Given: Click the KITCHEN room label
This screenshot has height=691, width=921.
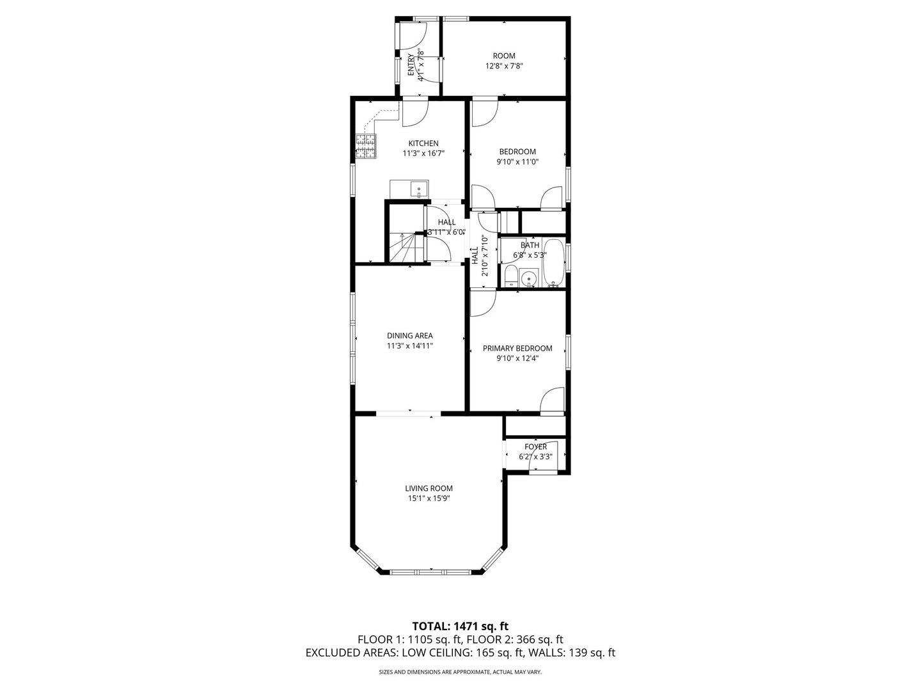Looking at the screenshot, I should [x=423, y=143].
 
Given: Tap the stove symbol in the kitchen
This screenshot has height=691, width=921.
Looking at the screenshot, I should [x=366, y=147].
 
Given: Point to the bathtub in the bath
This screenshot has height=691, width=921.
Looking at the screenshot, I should [x=553, y=263].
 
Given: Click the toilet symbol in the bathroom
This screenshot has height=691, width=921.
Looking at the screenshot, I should [x=511, y=276].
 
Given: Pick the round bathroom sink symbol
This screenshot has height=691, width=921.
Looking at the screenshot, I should [x=528, y=279].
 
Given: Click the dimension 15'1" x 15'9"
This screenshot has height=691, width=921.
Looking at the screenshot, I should [x=429, y=498].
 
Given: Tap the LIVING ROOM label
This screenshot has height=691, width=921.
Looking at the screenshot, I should [x=429, y=488].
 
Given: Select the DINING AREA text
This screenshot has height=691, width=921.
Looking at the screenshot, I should [x=409, y=335].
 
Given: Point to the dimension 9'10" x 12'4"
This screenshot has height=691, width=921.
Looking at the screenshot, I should [x=517, y=358].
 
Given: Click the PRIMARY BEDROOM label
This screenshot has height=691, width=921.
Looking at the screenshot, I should [x=517, y=348].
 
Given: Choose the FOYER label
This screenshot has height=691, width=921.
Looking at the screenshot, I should [x=535, y=447].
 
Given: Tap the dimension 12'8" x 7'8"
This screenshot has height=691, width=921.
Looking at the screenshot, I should [x=504, y=66].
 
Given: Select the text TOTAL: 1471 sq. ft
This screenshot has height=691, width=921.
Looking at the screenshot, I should [x=460, y=626].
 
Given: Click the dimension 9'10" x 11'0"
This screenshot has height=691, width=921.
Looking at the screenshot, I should [x=517, y=162].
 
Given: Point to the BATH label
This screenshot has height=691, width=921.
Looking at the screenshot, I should [x=530, y=245].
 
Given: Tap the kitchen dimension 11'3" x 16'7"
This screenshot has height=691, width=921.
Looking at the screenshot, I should [x=423, y=154].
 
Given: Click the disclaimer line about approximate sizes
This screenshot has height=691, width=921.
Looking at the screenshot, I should [x=460, y=672].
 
